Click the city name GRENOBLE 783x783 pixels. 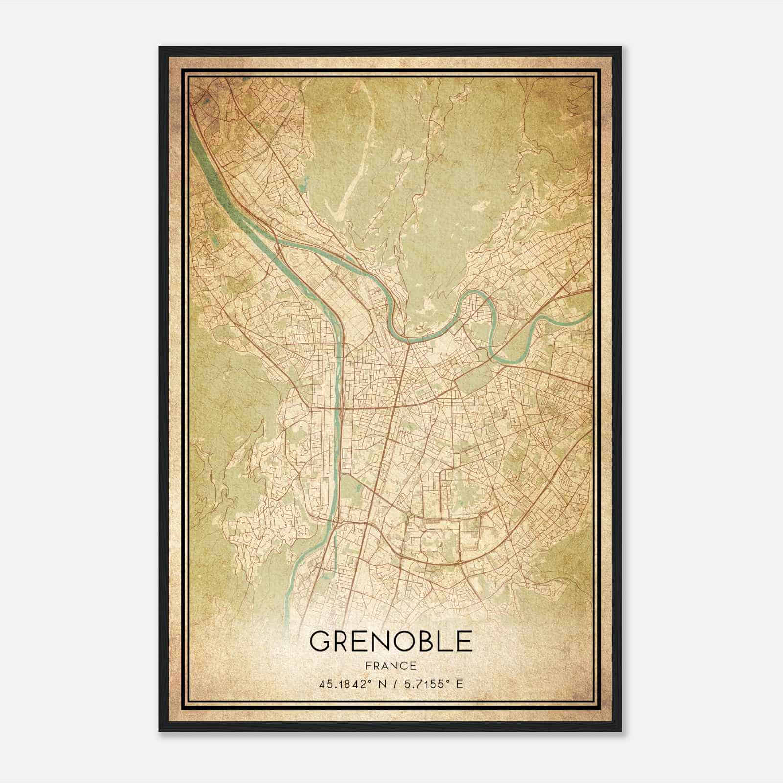coord(391,642)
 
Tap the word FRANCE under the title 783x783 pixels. coord(391,666)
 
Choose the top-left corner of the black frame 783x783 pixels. coord(160,48)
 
